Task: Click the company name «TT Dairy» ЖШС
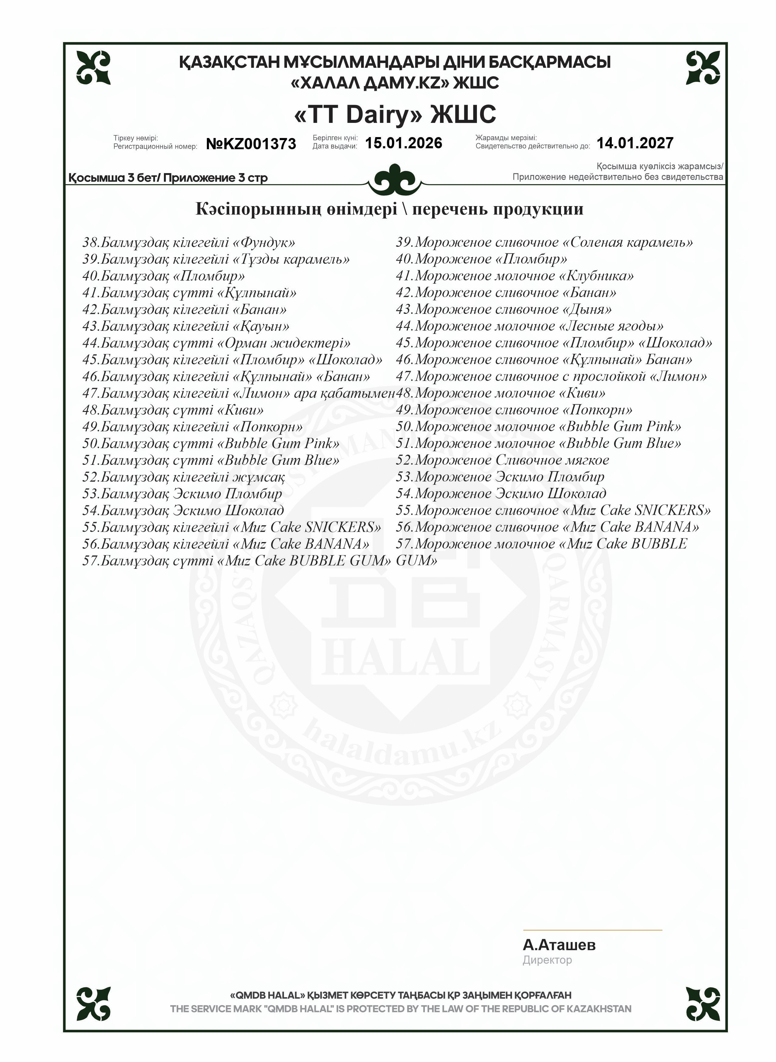(395, 114)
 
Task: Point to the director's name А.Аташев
(559, 945)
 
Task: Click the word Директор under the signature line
(547, 960)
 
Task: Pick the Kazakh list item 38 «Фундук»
(188, 243)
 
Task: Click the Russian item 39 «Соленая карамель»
(544, 243)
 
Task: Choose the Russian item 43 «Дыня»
(504, 309)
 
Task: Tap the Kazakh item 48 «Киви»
(173, 410)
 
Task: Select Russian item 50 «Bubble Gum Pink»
(538, 426)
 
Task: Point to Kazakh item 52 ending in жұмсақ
(183, 477)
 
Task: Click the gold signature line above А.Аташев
(592, 930)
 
